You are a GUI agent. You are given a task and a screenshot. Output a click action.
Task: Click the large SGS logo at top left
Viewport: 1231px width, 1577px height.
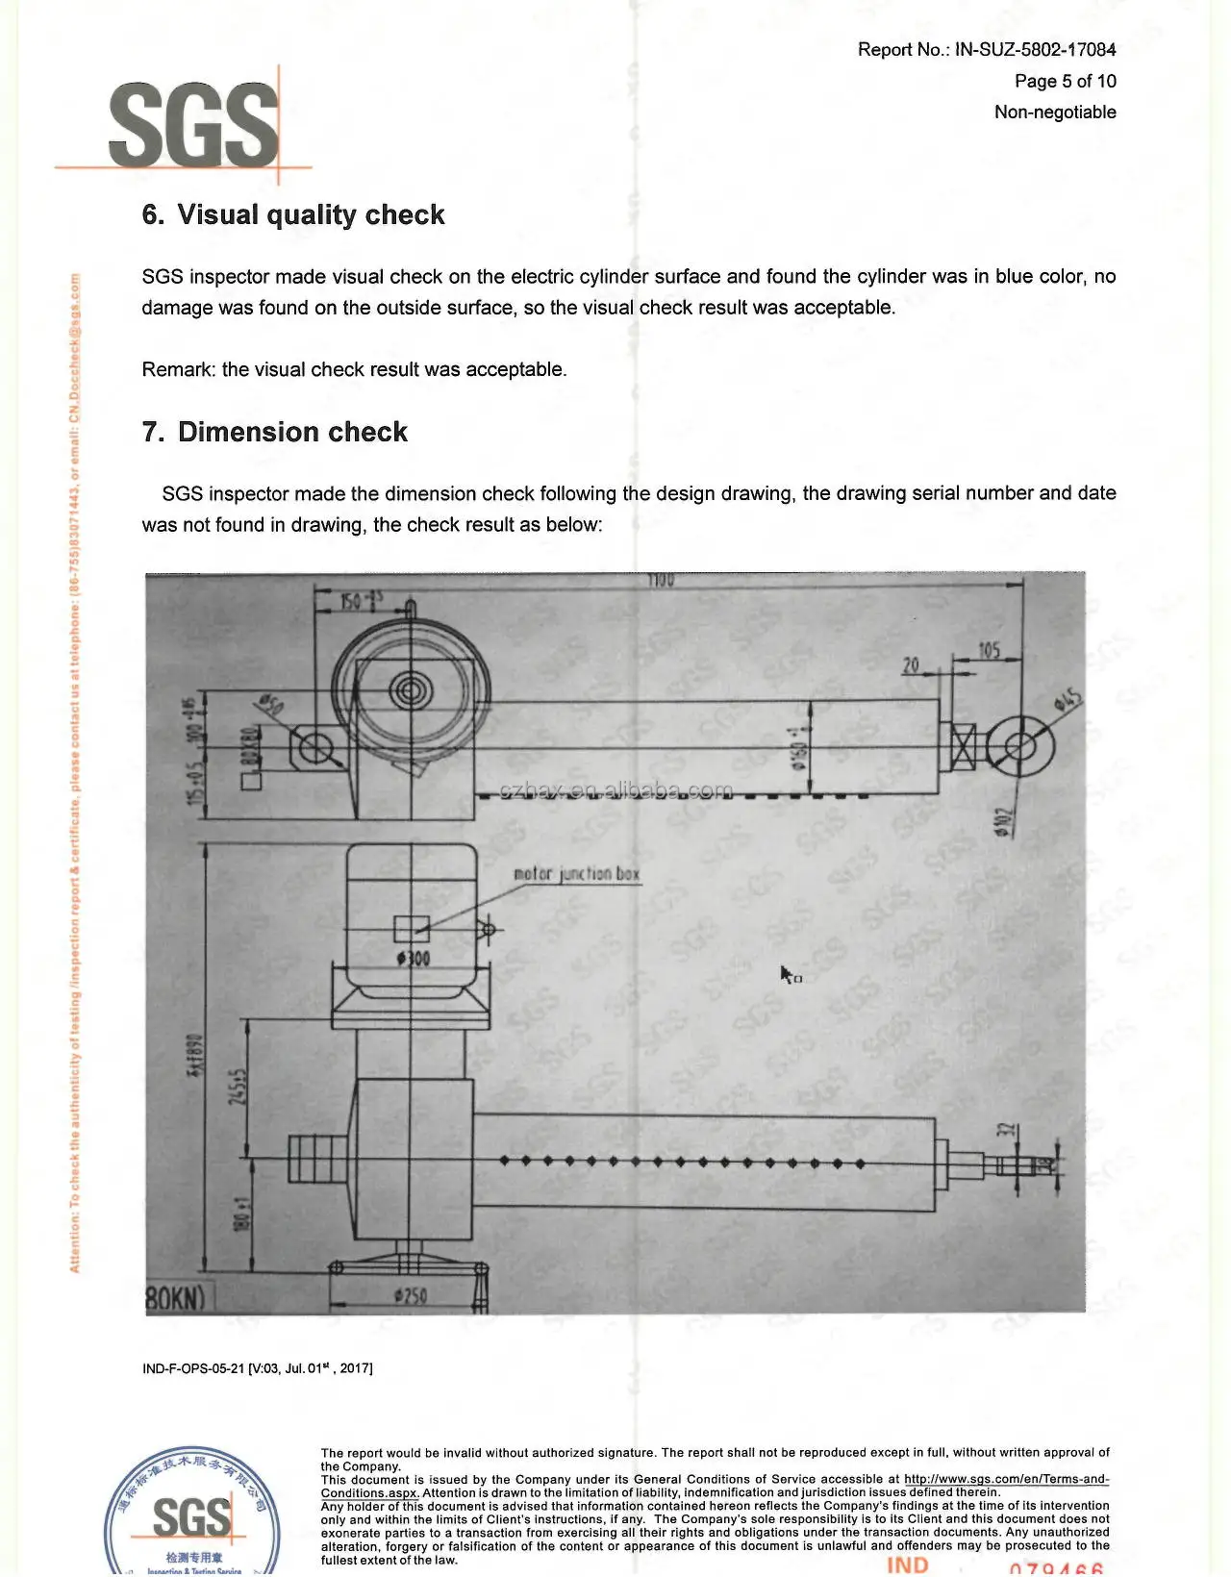pyautogui.click(x=192, y=125)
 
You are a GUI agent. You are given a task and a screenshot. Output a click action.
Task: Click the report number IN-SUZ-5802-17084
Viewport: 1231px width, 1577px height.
pyautogui.click(x=1035, y=50)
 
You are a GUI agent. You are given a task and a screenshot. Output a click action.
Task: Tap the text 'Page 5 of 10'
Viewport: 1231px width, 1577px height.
pyautogui.click(x=1065, y=82)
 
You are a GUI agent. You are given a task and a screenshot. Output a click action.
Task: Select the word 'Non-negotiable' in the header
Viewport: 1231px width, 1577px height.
pyautogui.click(x=1055, y=113)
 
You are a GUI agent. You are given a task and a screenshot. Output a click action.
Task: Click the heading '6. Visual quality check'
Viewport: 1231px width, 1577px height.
pyautogui.click(x=293, y=215)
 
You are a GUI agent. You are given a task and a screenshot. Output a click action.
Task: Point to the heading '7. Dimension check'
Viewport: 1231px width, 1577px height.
pyautogui.click(x=275, y=433)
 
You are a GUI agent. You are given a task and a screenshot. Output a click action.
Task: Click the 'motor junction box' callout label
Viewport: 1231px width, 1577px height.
pyautogui.click(x=576, y=874)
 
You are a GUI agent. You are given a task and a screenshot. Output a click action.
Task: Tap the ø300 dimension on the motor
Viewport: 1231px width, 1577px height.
pyautogui.click(x=413, y=959)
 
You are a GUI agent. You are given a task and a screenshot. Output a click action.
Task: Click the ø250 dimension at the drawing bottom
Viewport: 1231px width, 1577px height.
pyautogui.click(x=411, y=1296)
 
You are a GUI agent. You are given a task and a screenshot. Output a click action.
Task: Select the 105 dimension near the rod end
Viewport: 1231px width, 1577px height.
pyautogui.click(x=989, y=651)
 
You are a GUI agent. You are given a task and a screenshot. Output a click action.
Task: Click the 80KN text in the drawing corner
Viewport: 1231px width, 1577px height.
pyautogui.click(x=175, y=1299)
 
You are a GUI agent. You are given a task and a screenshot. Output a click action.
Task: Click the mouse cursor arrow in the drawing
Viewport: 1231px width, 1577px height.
pyautogui.click(x=787, y=974)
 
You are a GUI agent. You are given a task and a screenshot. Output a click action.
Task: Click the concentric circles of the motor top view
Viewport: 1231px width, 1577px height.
pyautogui.click(x=413, y=689)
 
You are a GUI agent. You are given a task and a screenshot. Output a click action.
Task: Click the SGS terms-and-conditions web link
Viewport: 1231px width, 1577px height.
pyautogui.click(x=1006, y=1480)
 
